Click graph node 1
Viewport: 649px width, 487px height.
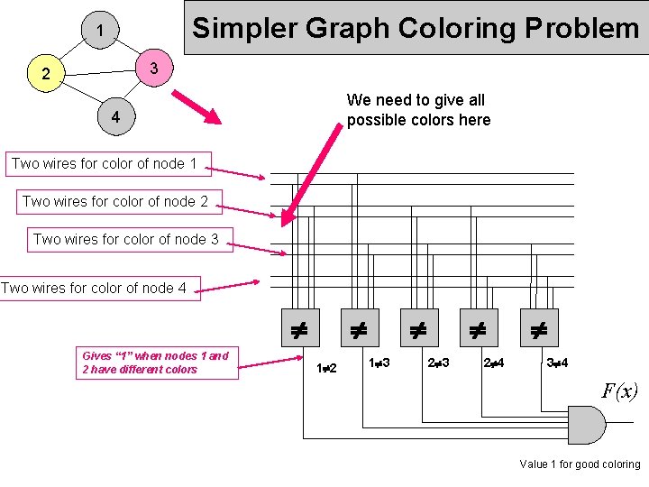[x=100, y=32]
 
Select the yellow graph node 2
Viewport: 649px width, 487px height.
[x=46, y=74]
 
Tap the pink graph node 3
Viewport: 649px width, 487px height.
[x=154, y=69]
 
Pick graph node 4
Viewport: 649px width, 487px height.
[x=115, y=118]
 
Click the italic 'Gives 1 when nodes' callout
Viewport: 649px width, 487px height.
[x=155, y=362]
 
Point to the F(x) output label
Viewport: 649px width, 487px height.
[x=619, y=391]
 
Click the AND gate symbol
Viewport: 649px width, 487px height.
[x=584, y=425]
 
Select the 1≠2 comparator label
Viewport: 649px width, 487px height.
[x=326, y=368]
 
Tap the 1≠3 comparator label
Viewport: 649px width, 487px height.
[x=379, y=363]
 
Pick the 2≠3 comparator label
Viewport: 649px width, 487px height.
[x=438, y=363]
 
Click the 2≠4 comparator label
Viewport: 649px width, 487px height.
[x=494, y=363]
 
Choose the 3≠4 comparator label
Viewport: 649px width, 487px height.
[x=556, y=363]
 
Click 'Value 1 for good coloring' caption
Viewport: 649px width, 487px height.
[x=580, y=464]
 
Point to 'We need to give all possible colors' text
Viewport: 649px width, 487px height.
[x=418, y=110]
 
